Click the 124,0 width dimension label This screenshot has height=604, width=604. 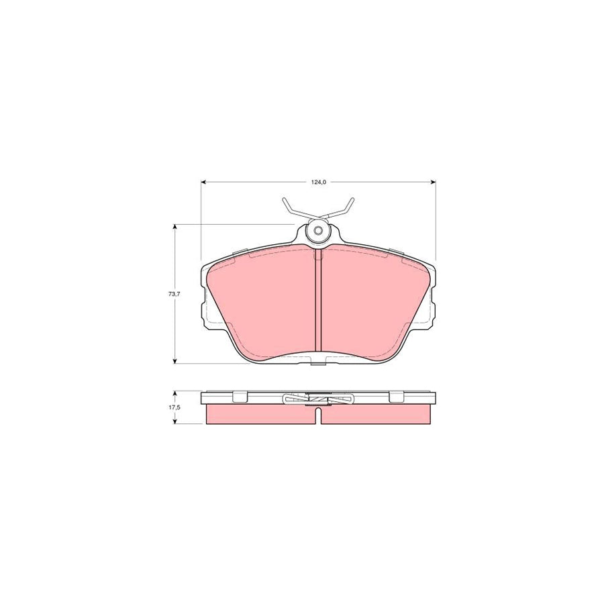[318, 183]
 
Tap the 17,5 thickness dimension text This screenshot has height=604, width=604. [172, 407]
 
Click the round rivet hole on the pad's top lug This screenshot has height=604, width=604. [318, 232]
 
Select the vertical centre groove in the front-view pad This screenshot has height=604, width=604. [318, 302]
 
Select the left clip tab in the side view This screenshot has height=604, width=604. [240, 397]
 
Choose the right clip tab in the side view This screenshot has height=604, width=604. [396, 397]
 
